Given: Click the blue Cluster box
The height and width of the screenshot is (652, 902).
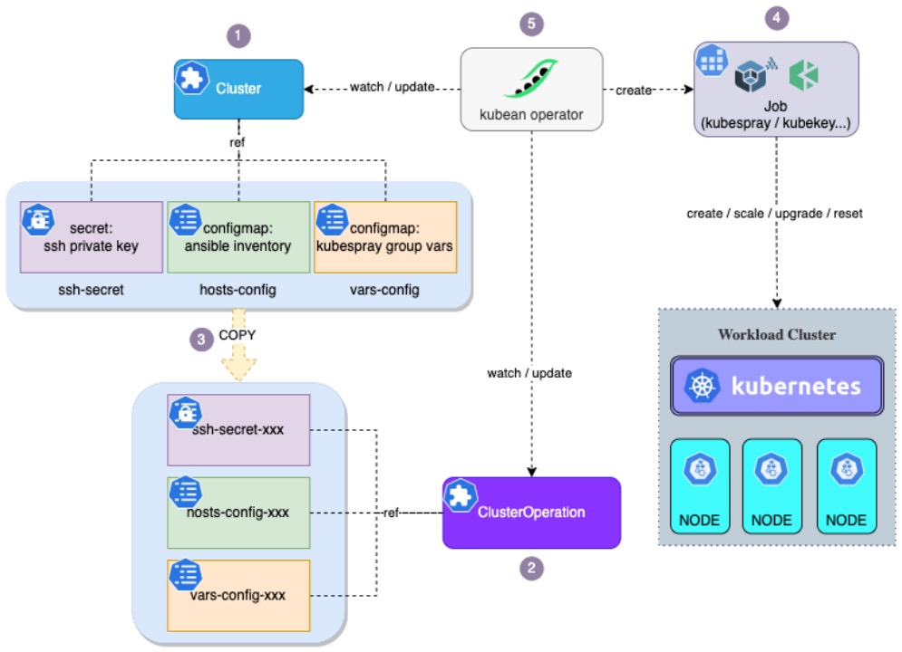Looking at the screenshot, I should tap(238, 89).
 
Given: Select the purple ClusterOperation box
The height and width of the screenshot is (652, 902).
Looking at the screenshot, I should tap(531, 513).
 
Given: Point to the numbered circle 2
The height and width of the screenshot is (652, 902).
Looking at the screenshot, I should tap(531, 569).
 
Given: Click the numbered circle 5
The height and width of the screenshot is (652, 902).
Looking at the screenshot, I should tap(531, 24).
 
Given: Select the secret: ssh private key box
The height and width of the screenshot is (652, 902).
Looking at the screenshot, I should tap(91, 237).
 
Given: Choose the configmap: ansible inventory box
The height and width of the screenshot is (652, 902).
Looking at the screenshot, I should tap(238, 237).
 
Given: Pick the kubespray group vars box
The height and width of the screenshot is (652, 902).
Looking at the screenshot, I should tap(385, 237).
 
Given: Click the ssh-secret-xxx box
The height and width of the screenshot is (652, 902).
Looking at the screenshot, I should tap(238, 429).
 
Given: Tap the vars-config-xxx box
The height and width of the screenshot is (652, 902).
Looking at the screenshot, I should tap(238, 595).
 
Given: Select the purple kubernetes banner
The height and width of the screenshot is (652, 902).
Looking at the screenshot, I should tap(776, 387).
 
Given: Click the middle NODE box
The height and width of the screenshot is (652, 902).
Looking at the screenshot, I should tap(771, 487).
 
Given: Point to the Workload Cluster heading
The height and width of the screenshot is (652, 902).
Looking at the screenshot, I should tap(777, 334).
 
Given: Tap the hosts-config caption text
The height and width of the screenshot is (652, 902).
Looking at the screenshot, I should tap(238, 289).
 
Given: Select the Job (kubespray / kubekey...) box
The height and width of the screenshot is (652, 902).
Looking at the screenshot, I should tap(776, 89).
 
